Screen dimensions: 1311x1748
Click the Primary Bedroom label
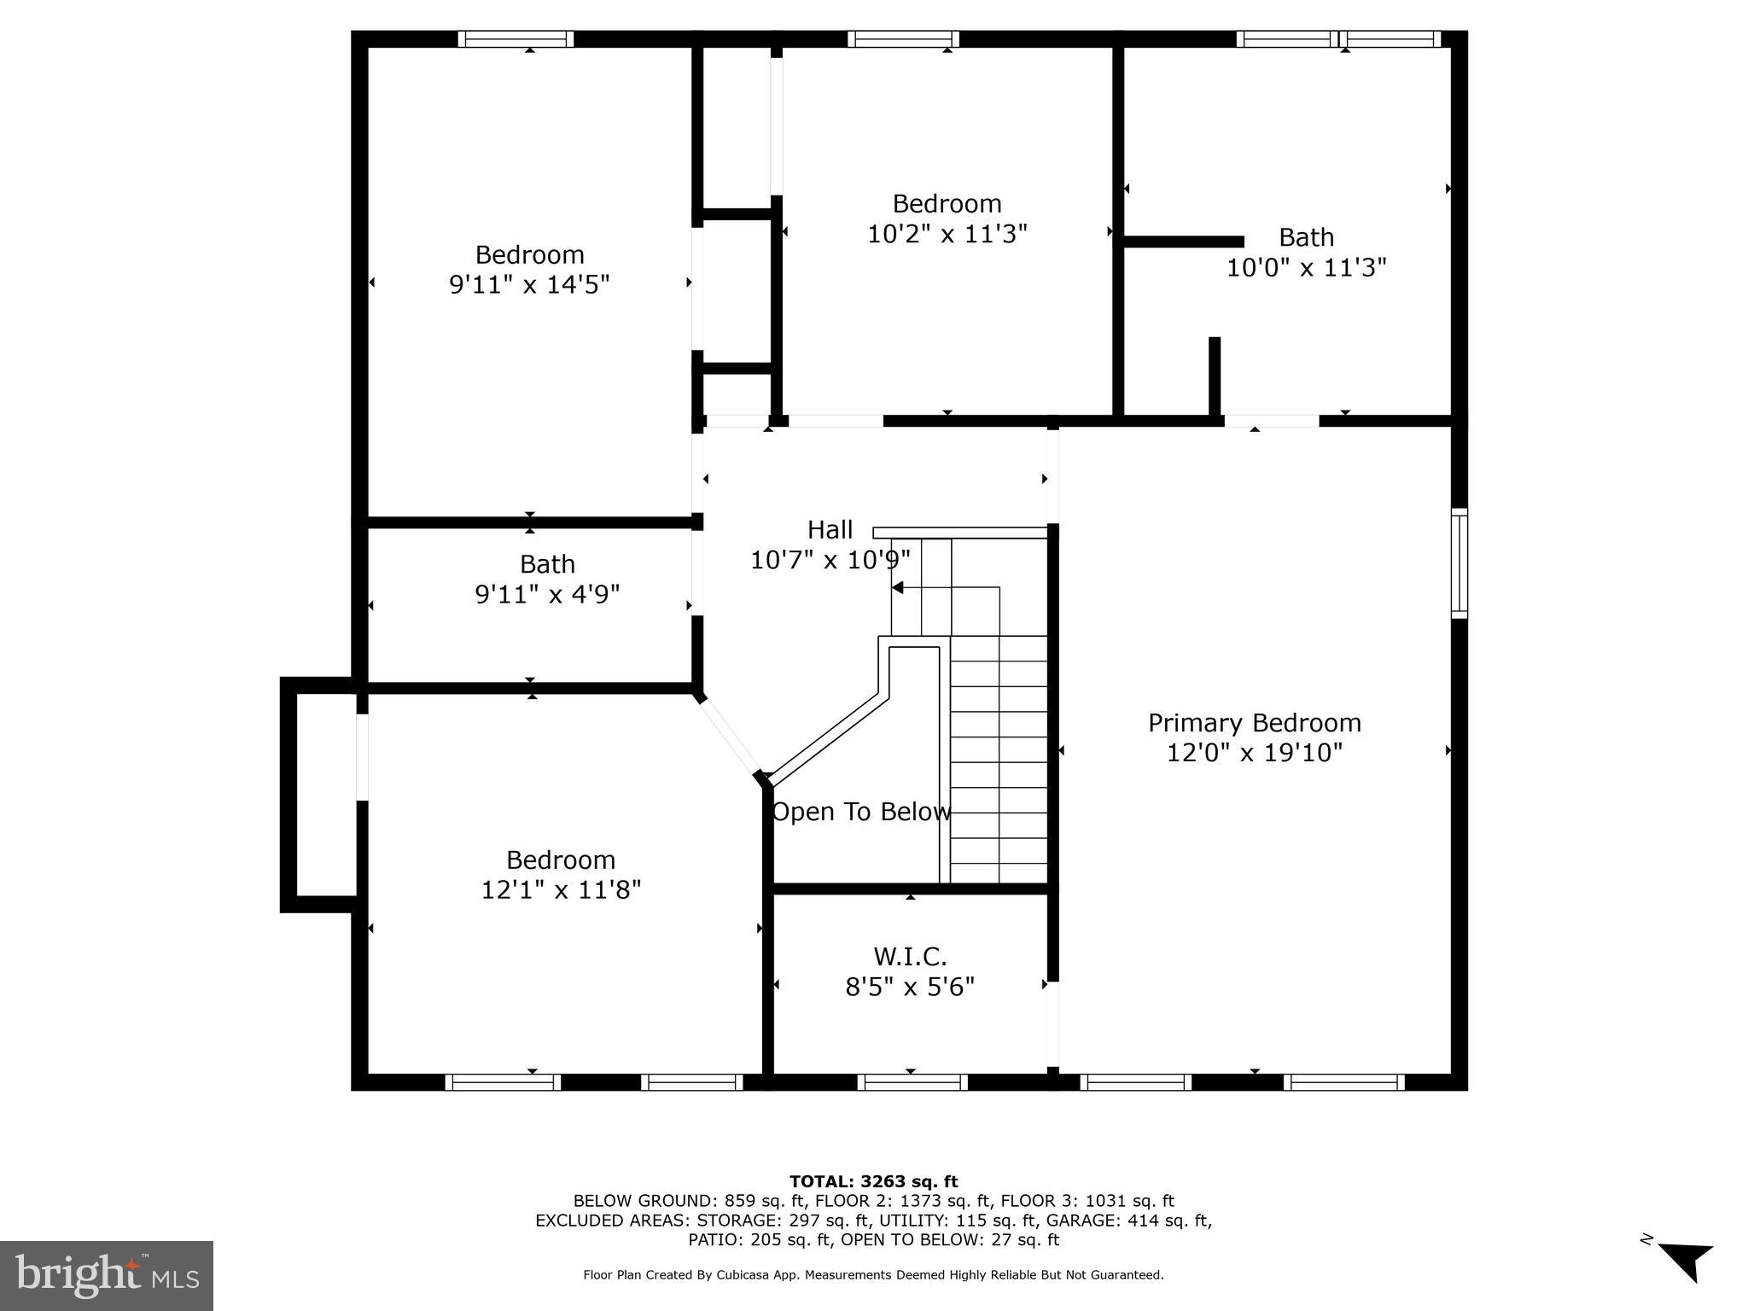tap(1254, 723)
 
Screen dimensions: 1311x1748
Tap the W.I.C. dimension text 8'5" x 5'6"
tap(910, 987)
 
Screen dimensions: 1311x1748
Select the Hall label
tap(830, 530)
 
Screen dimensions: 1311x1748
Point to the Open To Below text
tap(860, 812)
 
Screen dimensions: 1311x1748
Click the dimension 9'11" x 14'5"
tap(529, 284)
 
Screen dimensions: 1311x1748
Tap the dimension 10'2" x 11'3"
tap(947, 233)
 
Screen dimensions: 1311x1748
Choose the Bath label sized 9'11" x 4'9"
tap(547, 564)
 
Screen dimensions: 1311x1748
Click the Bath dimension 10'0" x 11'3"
tap(1306, 268)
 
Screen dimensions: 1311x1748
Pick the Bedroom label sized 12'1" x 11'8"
tap(560, 859)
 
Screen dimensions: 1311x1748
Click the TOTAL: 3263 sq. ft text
tap(873, 1181)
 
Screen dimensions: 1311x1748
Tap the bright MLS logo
tap(106, 1275)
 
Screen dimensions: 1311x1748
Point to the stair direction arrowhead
tap(897, 587)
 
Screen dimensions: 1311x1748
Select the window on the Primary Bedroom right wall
tap(1460, 563)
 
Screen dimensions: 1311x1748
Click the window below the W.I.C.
tap(912, 1082)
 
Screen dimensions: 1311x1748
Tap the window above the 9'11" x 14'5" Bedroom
tap(516, 39)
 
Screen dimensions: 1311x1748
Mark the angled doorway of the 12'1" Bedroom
tap(730, 736)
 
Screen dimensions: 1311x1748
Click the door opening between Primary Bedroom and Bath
tap(1271, 421)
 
